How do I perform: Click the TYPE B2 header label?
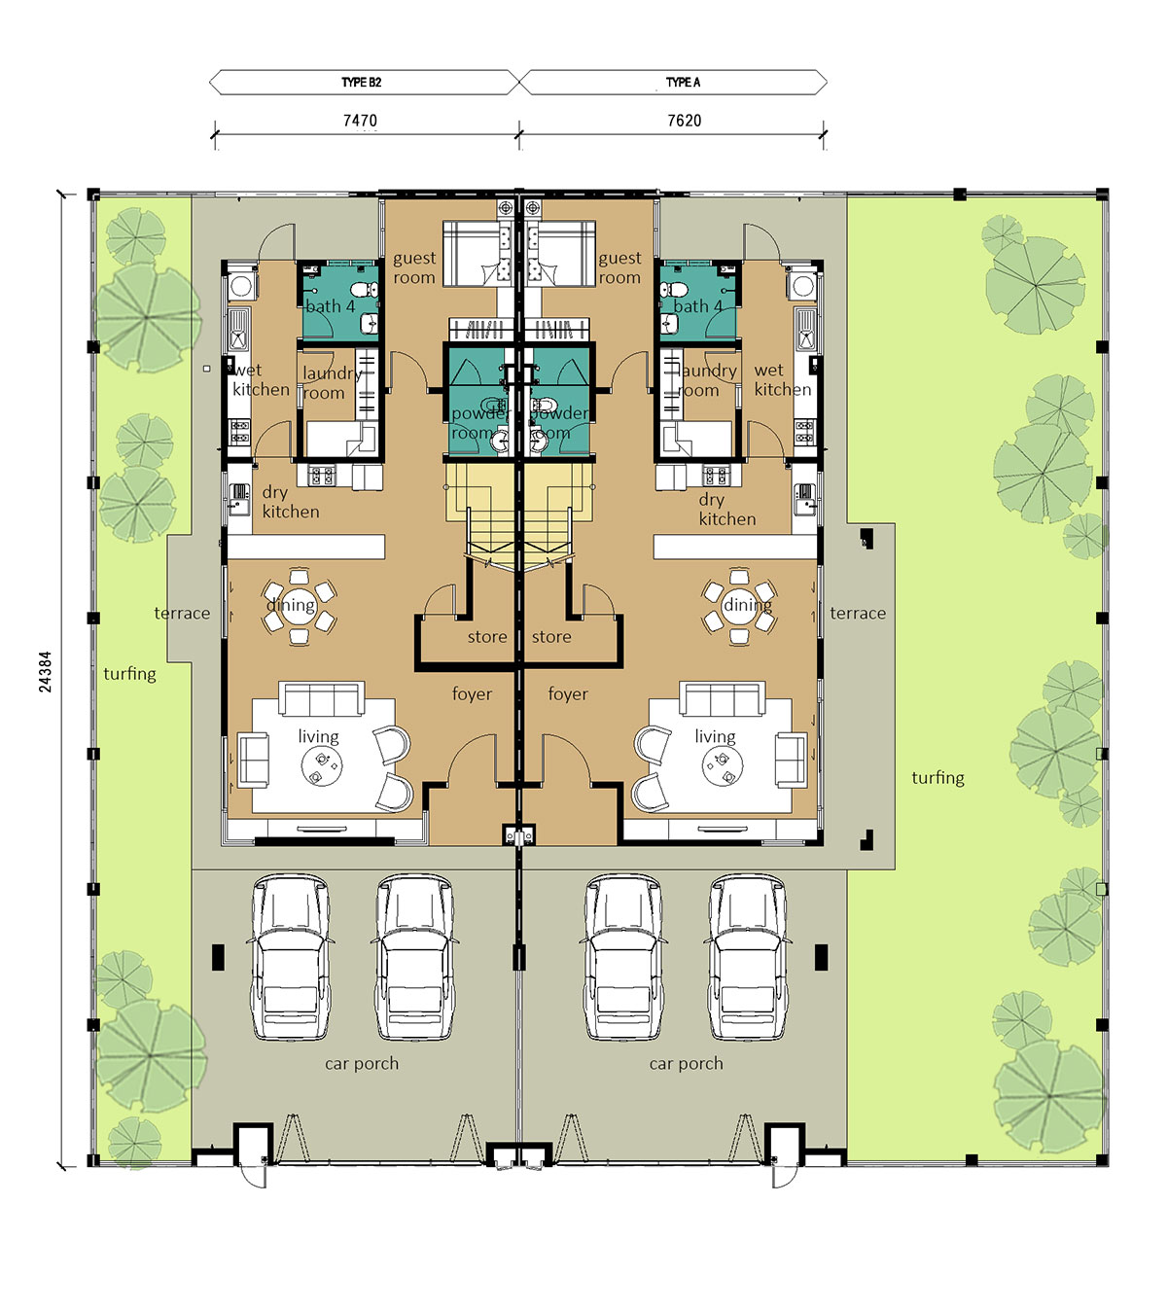(361, 83)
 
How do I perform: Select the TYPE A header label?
(683, 83)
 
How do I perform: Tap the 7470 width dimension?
(360, 121)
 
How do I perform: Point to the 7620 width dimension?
(684, 121)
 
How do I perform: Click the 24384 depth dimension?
(46, 672)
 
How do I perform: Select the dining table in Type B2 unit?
(299, 606)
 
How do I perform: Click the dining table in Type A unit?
(740, 606)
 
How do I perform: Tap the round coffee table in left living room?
(320, 766)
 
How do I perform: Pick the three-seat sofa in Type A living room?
(722, 700)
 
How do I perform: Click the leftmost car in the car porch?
(290, 957)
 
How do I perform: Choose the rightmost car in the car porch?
(747, 957)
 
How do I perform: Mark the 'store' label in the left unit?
(487, 637)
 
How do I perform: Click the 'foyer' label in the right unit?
(568, 694)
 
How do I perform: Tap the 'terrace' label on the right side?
(858, 614)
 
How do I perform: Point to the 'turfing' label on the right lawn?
(937, 778)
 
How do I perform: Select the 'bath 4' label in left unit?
(331, 306)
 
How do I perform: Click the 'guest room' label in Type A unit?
(619, 267)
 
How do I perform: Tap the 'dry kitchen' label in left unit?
(290, 502)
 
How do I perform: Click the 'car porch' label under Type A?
(686, 1064)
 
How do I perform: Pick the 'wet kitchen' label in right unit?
(782, 380)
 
